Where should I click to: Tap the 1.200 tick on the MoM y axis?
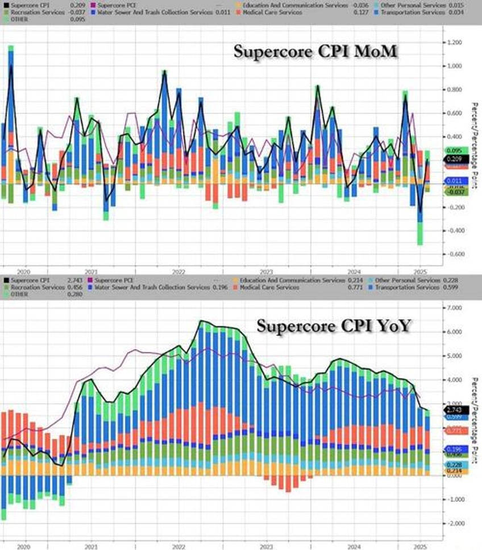click(455, 43)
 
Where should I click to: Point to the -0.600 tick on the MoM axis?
click(455, 255)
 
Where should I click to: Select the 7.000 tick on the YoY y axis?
click(455, 308)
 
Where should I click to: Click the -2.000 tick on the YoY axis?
click(455, 523)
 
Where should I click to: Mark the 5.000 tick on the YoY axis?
click(455, 356)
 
